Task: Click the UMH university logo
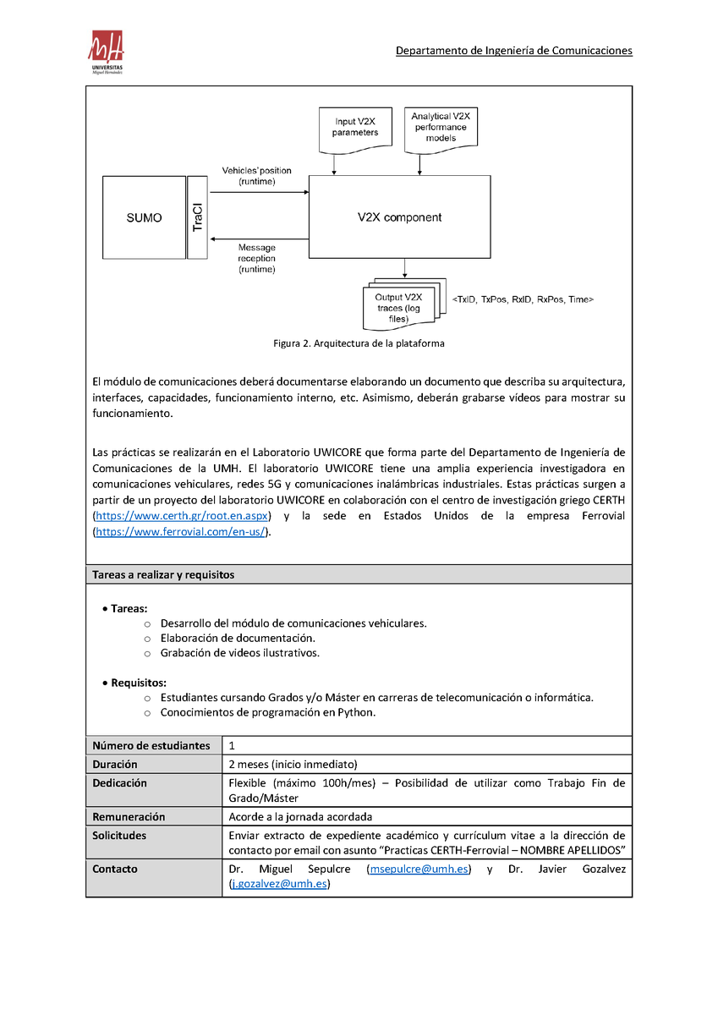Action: (107, 52)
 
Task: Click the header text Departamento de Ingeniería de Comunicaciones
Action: (514, 51)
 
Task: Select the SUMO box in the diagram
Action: (144, 217)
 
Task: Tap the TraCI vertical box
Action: (197, 217)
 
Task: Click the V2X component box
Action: (399, 217)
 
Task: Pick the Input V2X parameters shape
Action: (355, 128)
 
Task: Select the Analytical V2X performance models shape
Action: (441, 127)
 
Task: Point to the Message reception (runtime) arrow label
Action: (256, 258)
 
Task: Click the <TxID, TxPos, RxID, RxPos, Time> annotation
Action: (523, 299)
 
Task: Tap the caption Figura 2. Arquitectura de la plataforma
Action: (359, 343)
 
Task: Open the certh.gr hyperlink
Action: (181, 516)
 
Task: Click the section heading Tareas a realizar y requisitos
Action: (163, 574)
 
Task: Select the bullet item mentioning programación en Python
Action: (267, 712)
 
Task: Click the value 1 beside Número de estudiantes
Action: (232, 746)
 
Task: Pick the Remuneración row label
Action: (129, 817)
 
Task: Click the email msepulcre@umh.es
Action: (419, 870)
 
